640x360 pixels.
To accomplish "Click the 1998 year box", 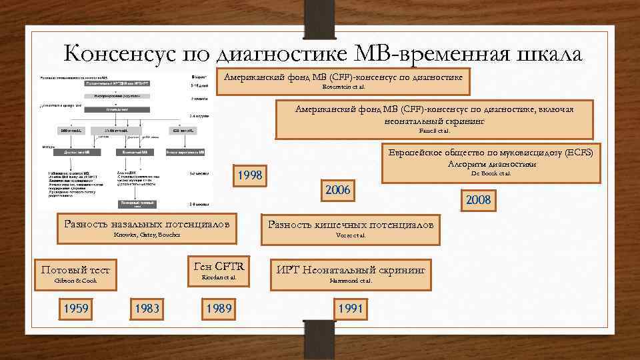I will (251, 175).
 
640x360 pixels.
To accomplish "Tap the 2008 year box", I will (478, 200).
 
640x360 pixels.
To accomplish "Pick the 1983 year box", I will (147, 309).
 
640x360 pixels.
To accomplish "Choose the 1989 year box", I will (219, 309).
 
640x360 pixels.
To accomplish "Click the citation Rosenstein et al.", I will (344, 87).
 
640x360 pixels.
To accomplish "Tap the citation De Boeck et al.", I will (491, 173).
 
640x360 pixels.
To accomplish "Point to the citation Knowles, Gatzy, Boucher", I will (146, 235).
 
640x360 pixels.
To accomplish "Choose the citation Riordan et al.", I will (218, 277).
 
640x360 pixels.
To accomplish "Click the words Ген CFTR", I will (218, 265).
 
